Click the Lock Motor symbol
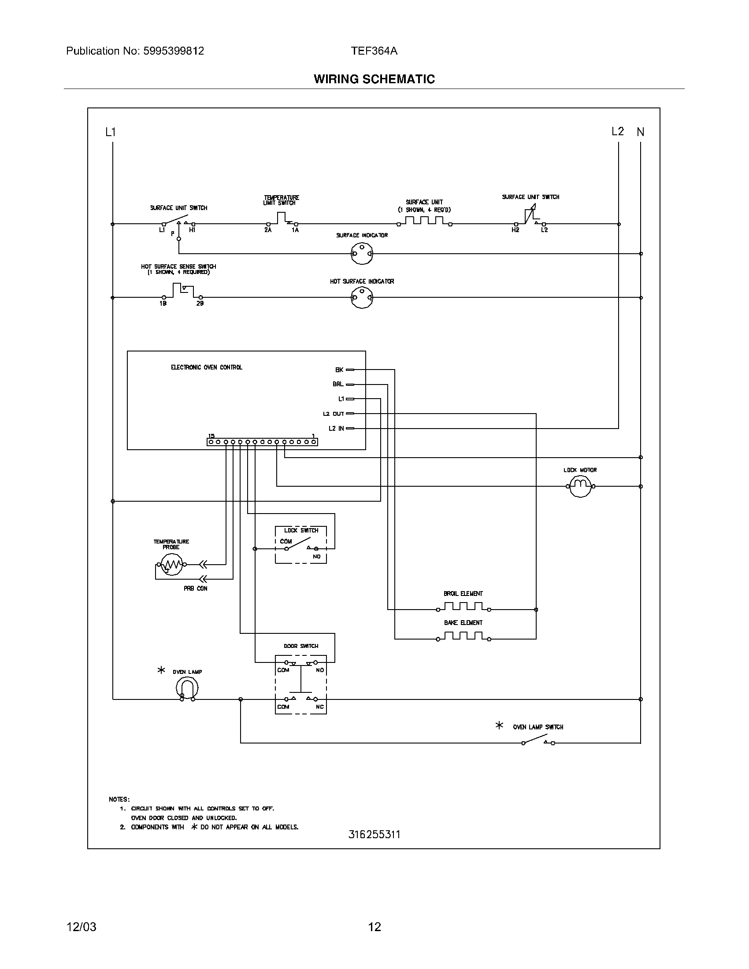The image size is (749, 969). point(580,486)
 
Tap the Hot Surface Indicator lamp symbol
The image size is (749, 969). point(362,297)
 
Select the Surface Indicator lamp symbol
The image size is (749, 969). point(362,253)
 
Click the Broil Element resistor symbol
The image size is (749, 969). point(463,607)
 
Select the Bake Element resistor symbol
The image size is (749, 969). point(463,636)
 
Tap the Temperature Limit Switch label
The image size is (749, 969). point(282,200)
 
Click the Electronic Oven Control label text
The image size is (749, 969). point(206,367)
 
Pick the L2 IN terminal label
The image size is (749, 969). point(336,428)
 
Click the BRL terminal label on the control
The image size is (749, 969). point(337,384)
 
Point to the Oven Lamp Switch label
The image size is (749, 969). point(538,727)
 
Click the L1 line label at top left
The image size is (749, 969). point(111,132)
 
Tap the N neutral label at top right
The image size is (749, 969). point(640,132)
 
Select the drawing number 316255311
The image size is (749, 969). point(374,834)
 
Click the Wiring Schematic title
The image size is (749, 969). point(374,79)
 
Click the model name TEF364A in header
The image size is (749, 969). point(374,51)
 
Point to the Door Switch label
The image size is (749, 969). point(301,646)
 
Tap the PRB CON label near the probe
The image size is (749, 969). point(195,588)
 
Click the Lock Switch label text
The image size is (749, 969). point(301,530)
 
